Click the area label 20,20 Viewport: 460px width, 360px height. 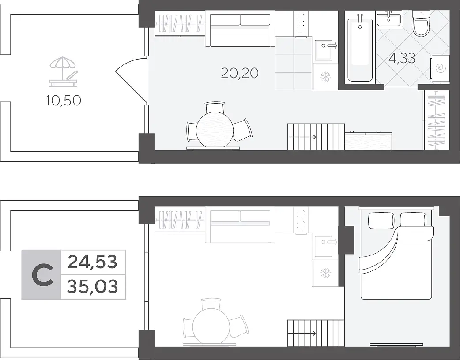coord(240,73)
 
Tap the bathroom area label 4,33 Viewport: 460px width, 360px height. coord(402,58)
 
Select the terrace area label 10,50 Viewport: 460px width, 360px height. coord(63,101)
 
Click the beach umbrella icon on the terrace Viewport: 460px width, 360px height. coord(63,72)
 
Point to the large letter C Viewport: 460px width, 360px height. coord(42,275)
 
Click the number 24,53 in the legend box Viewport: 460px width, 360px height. coord(92,262)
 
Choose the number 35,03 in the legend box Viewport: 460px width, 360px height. coord(92,286)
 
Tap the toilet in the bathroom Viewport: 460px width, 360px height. coord(421,23)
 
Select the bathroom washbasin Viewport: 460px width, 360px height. coord(389,19)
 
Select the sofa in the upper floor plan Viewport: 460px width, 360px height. coord(240,28)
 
